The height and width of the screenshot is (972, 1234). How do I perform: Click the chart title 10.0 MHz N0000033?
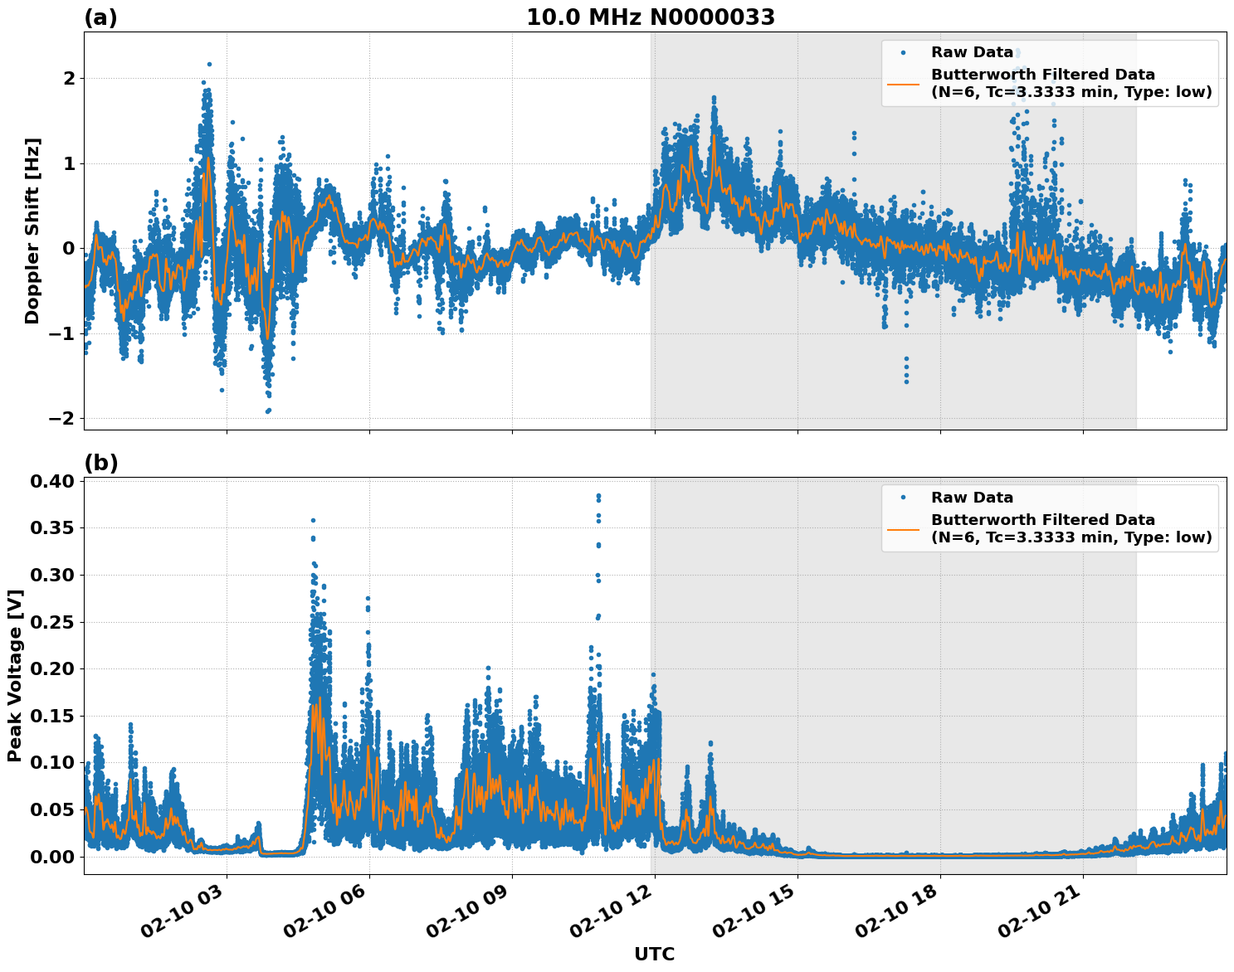point(651,17)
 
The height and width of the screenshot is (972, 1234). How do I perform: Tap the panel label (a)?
point(100,17)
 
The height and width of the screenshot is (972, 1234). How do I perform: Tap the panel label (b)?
point(100,463)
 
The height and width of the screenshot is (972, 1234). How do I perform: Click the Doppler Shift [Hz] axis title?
point(32,231)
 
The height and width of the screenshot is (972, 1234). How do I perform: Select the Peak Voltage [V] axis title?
point(14,676)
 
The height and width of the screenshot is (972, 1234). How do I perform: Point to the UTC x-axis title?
point(654,954)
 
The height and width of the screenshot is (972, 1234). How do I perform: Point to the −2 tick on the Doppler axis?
point(61,418)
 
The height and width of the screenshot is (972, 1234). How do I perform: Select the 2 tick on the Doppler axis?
point(68,78)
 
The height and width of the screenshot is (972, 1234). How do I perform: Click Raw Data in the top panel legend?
point(972,52)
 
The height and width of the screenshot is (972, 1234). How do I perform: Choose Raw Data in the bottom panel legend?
point(972,498)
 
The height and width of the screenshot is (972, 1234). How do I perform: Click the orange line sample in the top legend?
point(903,83)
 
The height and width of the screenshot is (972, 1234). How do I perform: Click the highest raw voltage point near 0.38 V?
point(598,496)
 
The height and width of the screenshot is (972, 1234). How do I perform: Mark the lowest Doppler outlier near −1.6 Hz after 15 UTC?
point(906,381)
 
